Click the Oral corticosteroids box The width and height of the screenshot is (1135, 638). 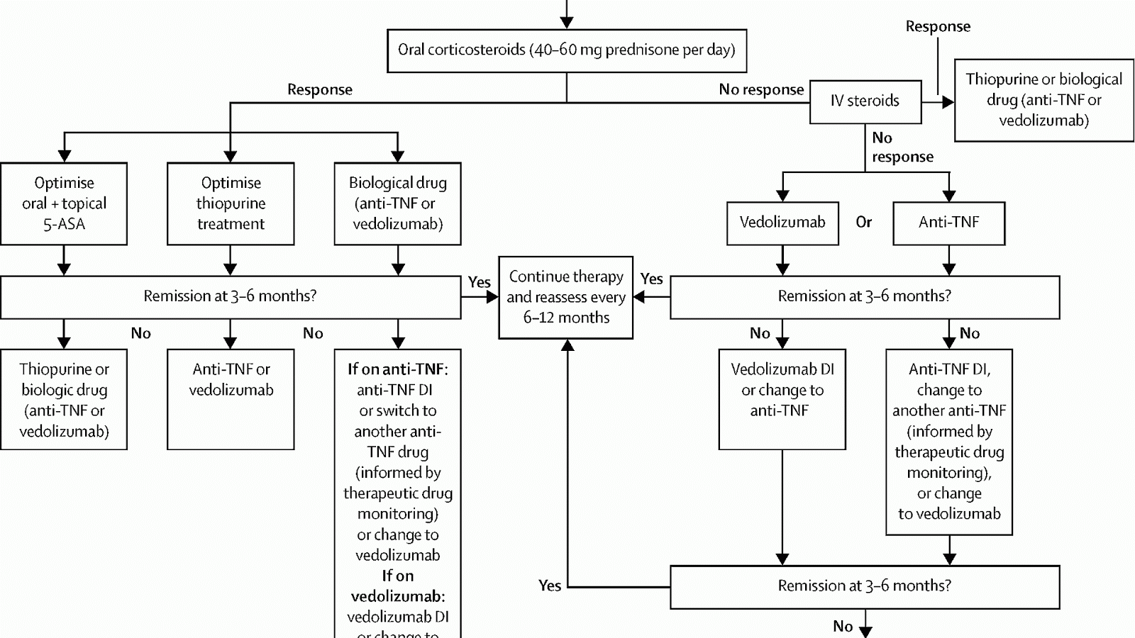(x=566, y=50)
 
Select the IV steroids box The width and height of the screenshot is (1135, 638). (x=865, y=101)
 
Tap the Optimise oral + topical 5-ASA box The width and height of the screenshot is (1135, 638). (x=64, y=203)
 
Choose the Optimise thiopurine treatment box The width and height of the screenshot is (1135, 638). (x=231, y=203)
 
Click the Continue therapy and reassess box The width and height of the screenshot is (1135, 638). (x=565, y=297)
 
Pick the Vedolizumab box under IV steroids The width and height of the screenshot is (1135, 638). (x=782, y=223)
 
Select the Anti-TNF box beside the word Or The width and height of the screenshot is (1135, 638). (x=948, y=223)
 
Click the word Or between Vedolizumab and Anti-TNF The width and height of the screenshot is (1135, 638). (x=863, y=223)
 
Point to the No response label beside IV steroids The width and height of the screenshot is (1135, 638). (x=761, y=89)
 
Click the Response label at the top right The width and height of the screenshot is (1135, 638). (x=938, y=27)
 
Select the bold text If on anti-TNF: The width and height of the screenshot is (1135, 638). (x=397, y=369)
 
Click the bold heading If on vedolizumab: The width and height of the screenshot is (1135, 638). (x=397, y=586)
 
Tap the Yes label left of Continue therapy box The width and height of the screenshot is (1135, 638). (x=479, y=282)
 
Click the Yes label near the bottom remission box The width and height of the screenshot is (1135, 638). (x=550, y=586)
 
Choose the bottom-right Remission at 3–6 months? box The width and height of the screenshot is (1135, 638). (x=864, y=586)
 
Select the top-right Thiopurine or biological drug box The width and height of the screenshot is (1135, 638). (x=1043, y=100)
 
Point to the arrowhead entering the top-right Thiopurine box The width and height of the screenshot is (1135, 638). (x=948, y=102)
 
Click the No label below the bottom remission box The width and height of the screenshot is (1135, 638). (x=843, y=626)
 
